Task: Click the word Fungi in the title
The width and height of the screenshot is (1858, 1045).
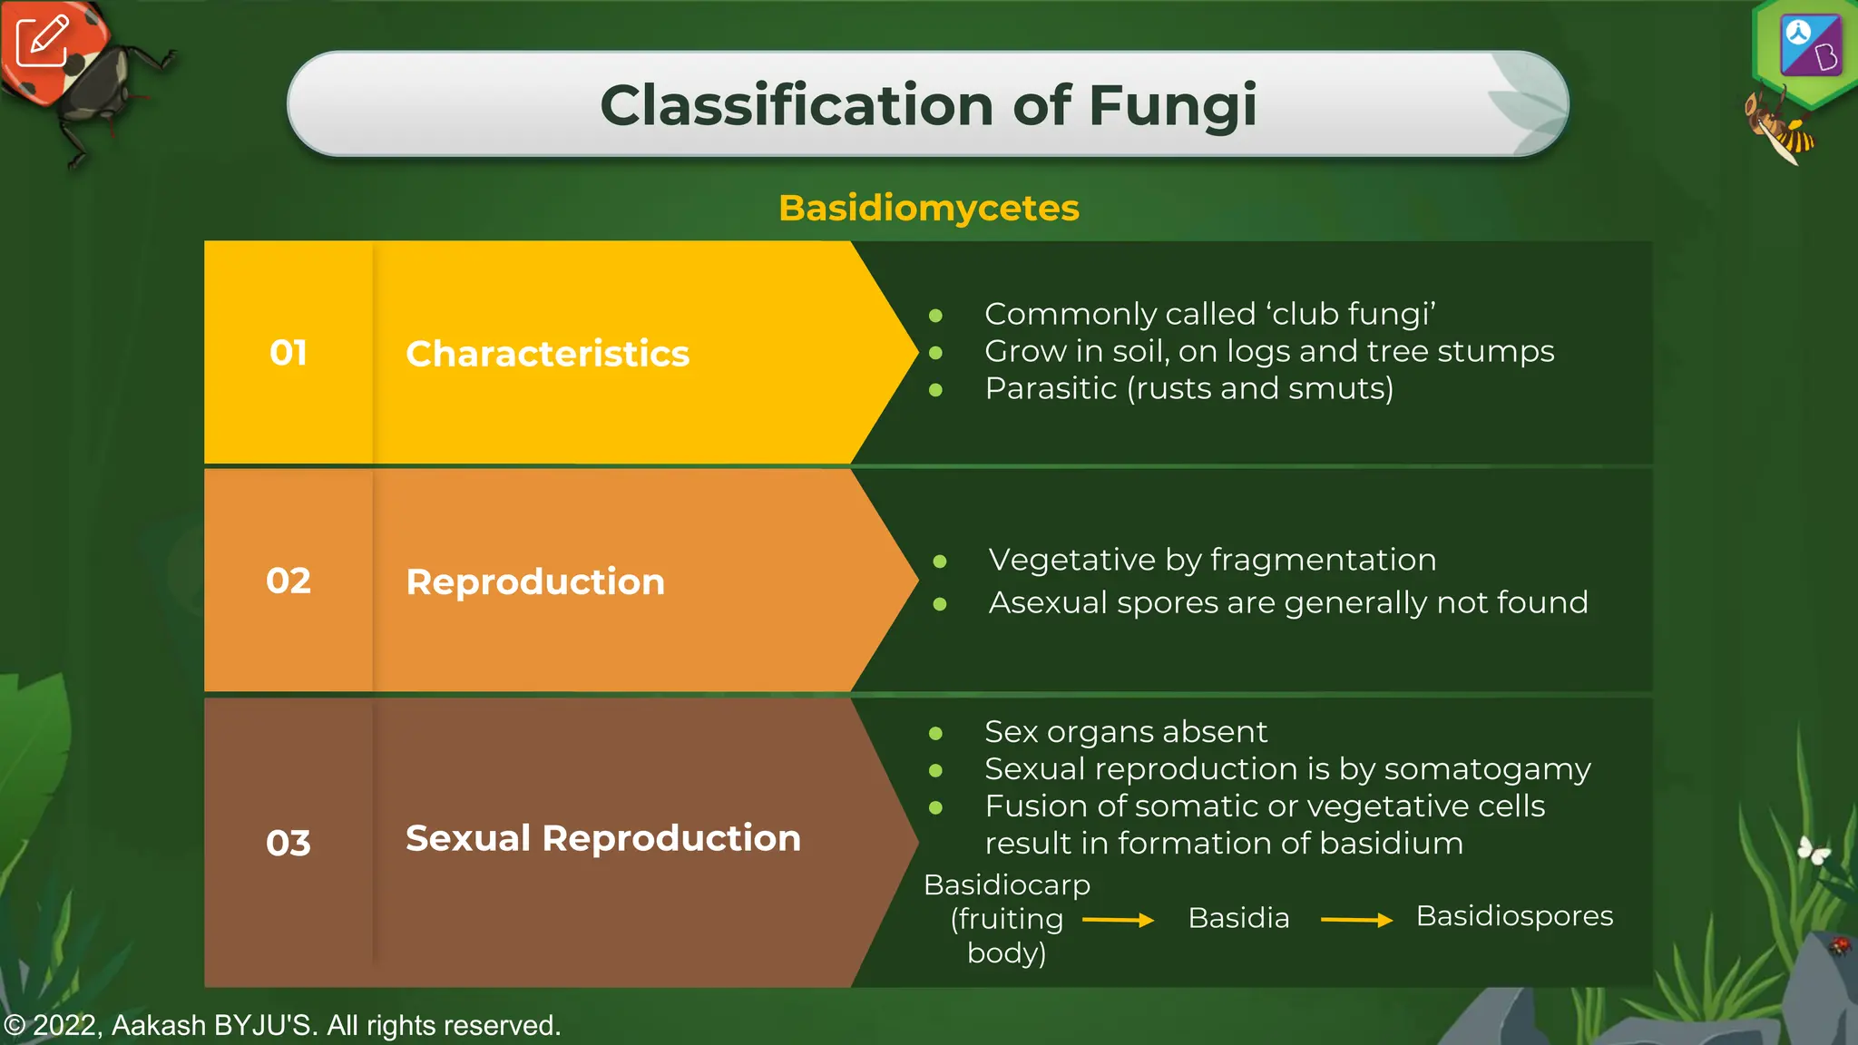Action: [1172, 106]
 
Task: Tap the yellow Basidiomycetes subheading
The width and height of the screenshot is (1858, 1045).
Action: [928, 208]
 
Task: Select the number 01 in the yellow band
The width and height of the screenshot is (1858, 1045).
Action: [288, 353]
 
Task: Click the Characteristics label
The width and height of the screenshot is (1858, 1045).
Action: [547, 354]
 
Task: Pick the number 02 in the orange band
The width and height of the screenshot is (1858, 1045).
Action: [288, 581]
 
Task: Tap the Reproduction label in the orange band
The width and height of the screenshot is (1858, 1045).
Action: [535, 581]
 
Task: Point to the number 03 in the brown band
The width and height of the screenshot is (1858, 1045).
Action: [288, 843]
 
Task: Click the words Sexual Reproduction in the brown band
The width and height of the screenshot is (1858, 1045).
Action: [603, 838]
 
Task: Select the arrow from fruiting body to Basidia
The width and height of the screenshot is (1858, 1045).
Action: [1118, 920]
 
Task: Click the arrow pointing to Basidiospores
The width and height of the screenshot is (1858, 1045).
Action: [1356, 920]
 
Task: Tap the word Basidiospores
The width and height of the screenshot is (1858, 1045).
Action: [1514, 916]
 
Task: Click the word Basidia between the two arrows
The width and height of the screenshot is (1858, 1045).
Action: [1238, 918]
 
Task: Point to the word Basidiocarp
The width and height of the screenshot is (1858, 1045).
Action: [1007, 884]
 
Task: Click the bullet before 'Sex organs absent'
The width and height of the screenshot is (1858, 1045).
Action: [935, 733]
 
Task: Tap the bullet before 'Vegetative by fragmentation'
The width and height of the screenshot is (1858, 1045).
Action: [940, 562]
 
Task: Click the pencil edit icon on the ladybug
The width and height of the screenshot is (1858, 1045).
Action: [42, 41]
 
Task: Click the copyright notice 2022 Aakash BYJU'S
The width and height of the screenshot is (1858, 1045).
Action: [282, 1025]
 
